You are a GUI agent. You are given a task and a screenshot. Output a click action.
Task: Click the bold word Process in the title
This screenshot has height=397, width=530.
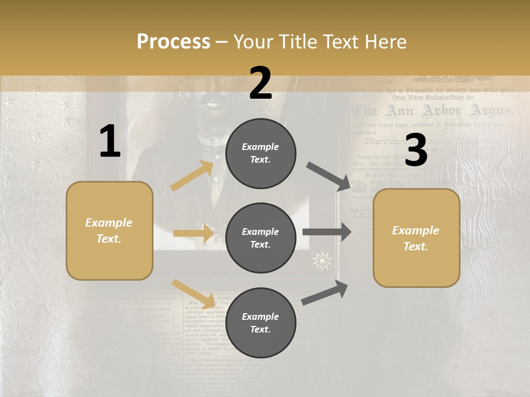pyautogui.click(x=173, y=42)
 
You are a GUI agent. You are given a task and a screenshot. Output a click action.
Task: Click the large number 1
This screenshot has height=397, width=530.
pyautogui.click(x=110, y=142)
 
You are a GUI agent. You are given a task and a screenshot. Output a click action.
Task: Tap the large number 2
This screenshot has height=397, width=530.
pyautogui.click(x=261, y=83)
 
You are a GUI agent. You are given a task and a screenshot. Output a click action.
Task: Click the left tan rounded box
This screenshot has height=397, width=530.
pyautogui.click(x=109, y=230)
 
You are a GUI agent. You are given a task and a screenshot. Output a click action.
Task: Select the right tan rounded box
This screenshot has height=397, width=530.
pyautogui.click(x=416, y=238)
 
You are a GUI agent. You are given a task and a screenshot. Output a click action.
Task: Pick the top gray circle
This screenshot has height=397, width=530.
pyautogui.click(x=261, y=153)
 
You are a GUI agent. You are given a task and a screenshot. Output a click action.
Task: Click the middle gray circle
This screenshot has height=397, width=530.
pyautogui.click(x=261, y=238)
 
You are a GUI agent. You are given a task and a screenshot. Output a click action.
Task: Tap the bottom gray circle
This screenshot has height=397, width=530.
pyautogui.click(x=261, y=323)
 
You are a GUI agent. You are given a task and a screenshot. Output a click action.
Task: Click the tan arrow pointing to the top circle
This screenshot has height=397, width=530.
pyautogui.click(x=193, y=176)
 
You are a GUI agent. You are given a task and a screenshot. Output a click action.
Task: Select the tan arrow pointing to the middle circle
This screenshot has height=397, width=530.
pyautogui.click(x=193, y=233)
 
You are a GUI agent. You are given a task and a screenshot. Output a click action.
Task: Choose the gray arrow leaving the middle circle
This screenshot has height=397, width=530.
pyautogui.click(x=326, y=232)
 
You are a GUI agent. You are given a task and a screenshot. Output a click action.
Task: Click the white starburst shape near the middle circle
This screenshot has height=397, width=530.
pyautogui.click(x=322, y=260)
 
